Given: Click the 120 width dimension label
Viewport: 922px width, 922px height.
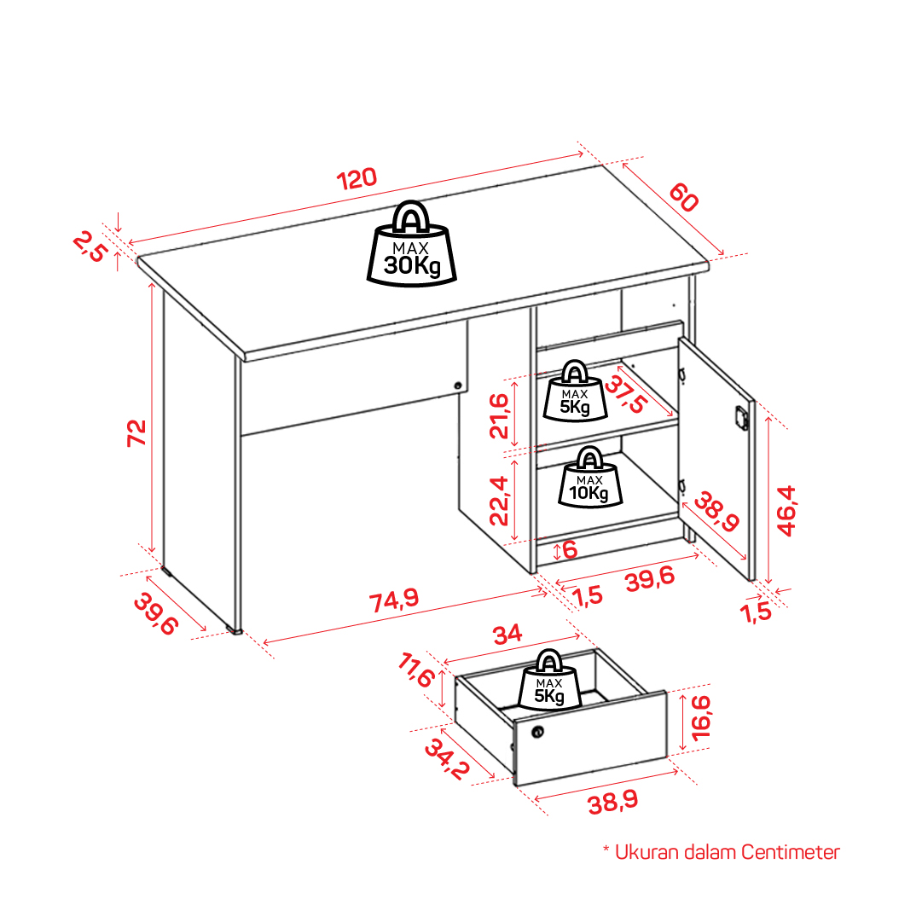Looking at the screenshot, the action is click(357, 179).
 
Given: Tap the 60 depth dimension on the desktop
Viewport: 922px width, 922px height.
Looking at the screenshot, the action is click(684, 197).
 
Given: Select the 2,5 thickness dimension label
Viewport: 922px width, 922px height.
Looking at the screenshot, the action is click(90, 247).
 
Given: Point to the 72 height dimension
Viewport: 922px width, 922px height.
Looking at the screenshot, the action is click(136, 432).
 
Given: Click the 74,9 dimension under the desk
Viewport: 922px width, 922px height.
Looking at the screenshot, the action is click(394, 600).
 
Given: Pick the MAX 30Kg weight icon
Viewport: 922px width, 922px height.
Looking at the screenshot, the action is click(412, 244).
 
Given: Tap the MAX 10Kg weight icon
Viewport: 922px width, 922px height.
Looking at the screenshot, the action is click(589, 477).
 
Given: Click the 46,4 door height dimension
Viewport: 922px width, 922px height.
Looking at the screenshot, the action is click(786, 510).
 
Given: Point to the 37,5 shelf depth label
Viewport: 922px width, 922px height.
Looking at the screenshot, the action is click(626, 394).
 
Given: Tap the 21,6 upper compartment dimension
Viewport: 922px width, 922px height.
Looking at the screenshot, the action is click(499, 416).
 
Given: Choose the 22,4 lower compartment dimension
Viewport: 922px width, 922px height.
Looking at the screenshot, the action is click(499, 501).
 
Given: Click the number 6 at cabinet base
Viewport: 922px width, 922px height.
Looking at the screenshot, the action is click(570, 550).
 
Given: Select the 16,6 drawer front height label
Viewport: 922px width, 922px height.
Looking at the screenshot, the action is click(701, 717).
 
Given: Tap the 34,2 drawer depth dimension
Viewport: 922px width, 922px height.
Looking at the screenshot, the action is click(448, 759).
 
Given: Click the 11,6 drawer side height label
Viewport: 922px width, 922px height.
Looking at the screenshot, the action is click(417, 670).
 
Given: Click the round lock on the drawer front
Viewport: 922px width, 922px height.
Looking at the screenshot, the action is click(537, 732).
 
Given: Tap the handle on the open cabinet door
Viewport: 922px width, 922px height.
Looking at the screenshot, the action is click(741, 417).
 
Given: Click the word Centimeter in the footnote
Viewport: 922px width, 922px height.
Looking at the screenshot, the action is click(790, 852).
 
